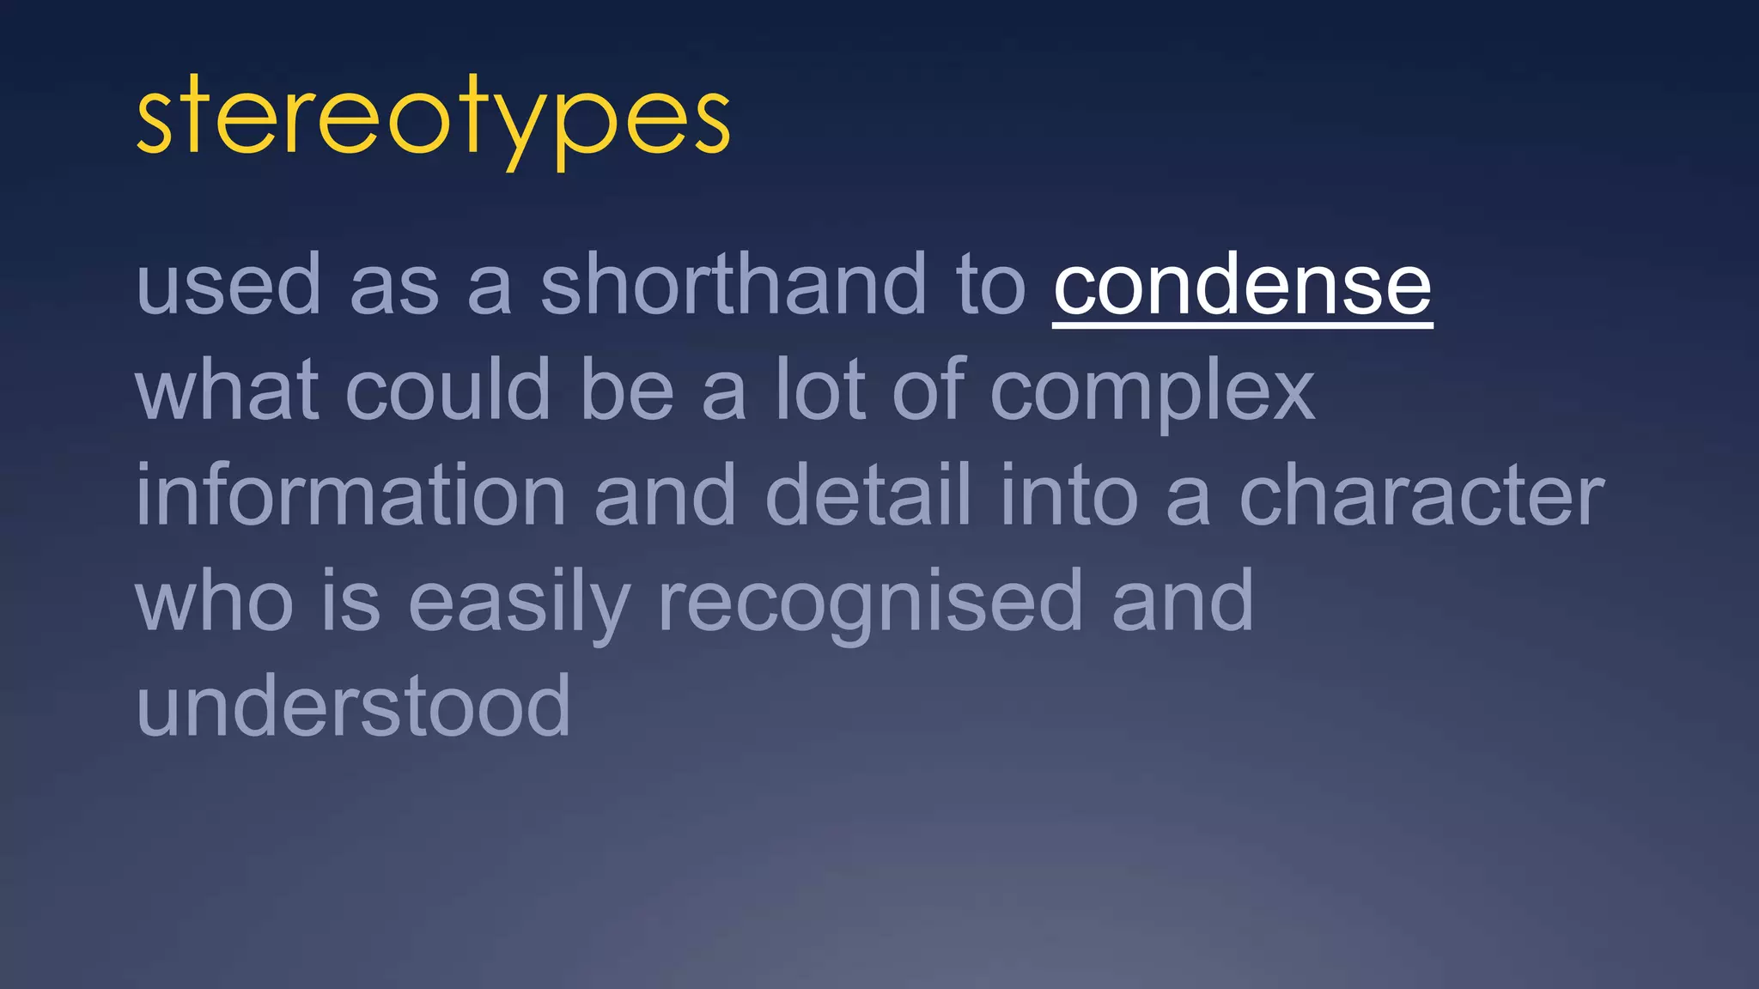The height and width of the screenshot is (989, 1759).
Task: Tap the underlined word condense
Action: coord(1242,286)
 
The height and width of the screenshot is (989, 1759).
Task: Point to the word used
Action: coord(228,286)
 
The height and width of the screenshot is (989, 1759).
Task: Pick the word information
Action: coord(350,495)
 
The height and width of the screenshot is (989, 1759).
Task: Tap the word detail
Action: coord(867,495)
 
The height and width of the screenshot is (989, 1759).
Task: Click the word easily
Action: coord(519,603)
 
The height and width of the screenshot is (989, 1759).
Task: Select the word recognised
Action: coord(869,603)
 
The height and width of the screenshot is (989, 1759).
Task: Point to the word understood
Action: coord(353,707)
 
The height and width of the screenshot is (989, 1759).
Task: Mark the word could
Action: coord(447,391)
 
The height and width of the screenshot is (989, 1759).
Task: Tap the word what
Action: coord(227,391)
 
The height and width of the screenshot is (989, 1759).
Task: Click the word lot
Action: coord(820,391)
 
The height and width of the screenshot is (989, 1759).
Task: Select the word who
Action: coord(214,603)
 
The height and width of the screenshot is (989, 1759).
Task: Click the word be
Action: coord(626,391)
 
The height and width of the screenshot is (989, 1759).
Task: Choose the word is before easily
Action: coord(350,603)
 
